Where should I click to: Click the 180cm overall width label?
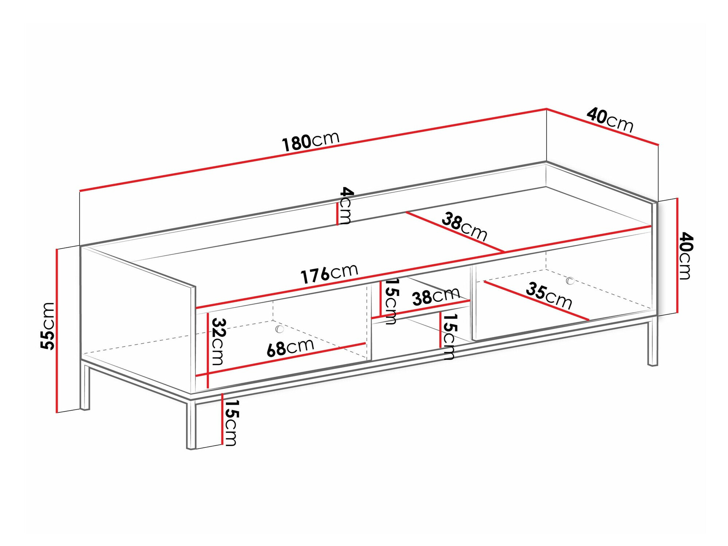[311, 141]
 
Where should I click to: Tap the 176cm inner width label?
[329, 273]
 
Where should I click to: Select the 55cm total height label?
[48, 326]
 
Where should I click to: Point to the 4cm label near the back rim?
[345, 206]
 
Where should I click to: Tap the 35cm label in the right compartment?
[549, 295]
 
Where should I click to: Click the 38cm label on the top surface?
[464, 227]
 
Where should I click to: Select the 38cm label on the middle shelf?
[436, 296]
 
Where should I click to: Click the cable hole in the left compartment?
[280, 329]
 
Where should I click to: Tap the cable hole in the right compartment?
[570, 281]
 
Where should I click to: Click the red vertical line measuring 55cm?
[57, 331]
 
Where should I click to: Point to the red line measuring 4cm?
[337, 214]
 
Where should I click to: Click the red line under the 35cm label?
[537, 301]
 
